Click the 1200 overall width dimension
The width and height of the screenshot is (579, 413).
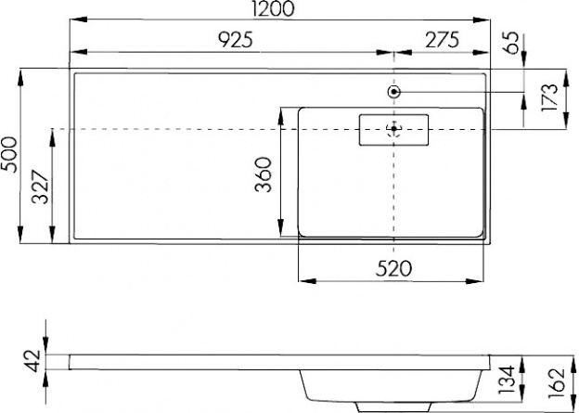click(274, 8)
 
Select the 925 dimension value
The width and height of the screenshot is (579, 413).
click(236, 40)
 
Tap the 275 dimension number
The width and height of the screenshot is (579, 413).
click(443, 40)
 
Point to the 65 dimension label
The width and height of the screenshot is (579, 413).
click(512, 44)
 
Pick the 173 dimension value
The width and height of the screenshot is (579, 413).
click(550, 97)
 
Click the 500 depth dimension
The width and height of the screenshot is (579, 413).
click(9, 154)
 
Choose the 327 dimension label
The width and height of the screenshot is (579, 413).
click(41, 187)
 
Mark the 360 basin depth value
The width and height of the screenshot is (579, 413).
click(264, 174)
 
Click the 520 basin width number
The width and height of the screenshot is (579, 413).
click(393, 268)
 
